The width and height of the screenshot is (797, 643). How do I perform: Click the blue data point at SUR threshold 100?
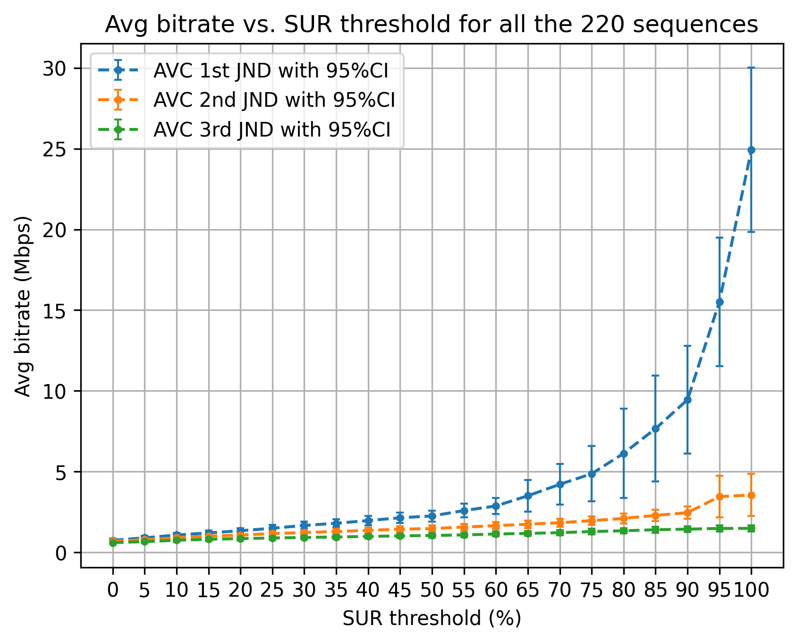751,150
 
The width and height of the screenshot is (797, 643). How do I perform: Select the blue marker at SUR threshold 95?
720,302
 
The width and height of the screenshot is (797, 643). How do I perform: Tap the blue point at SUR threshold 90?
687,400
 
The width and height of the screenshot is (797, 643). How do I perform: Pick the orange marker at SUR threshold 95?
720,497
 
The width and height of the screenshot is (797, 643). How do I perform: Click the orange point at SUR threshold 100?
751,495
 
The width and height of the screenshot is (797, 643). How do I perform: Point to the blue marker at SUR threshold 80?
624,454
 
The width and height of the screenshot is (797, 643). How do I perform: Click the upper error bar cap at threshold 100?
751,68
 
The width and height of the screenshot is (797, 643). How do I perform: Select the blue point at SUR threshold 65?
528,496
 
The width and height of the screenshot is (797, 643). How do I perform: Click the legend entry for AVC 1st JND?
271,71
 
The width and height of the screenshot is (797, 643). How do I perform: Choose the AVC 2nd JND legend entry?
274,100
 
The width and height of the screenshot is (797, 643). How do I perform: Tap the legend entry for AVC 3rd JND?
272,129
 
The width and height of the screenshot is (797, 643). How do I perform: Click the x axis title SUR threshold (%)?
432,618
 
